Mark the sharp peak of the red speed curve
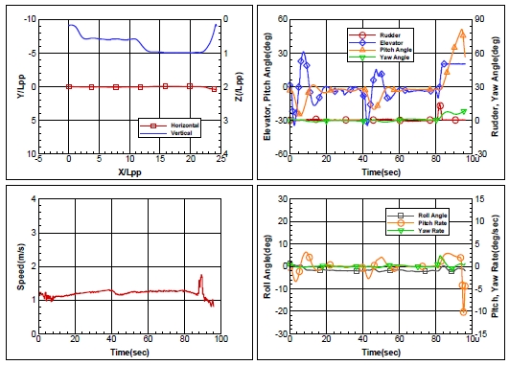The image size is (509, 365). coord(201,303)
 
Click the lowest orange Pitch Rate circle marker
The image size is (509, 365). coord(464,339)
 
